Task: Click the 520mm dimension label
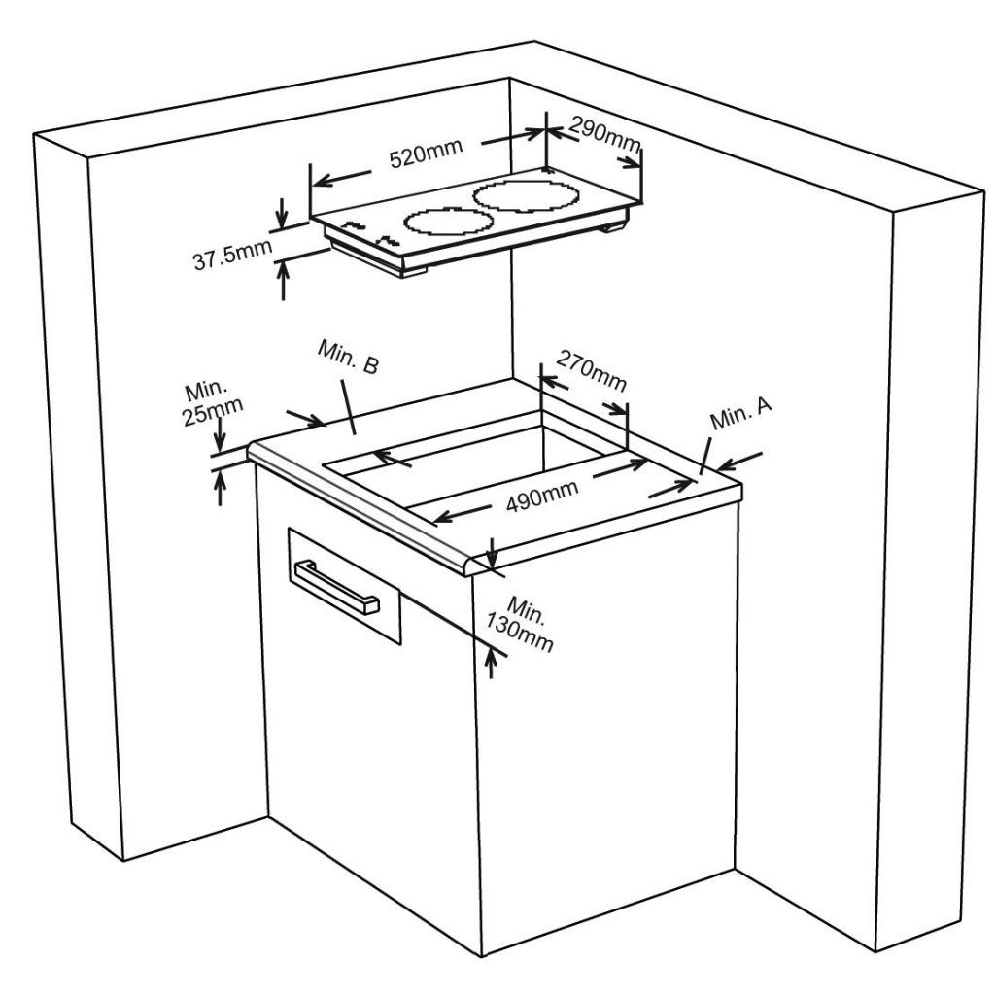[426, 153]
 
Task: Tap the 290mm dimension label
[604, 134]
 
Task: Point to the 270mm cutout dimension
[592, 371]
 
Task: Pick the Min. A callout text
[741, 414]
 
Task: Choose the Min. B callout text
[349, 357]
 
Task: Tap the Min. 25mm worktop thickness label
[212, 403]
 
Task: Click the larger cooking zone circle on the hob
[526, 196]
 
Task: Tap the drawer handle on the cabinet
[335, 587]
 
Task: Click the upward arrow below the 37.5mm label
[283, 279]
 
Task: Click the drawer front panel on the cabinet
[345, 586]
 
